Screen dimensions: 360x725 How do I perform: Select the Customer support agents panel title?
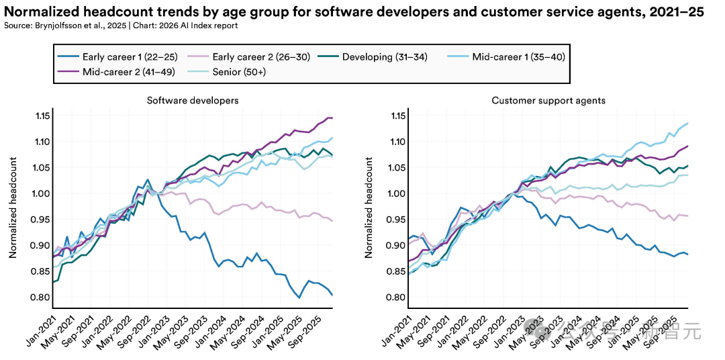(x=548, y=101)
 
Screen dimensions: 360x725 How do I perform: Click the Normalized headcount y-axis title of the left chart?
(x=12, y=208)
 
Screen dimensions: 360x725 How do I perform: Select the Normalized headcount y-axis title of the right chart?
(x=369, y=208)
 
